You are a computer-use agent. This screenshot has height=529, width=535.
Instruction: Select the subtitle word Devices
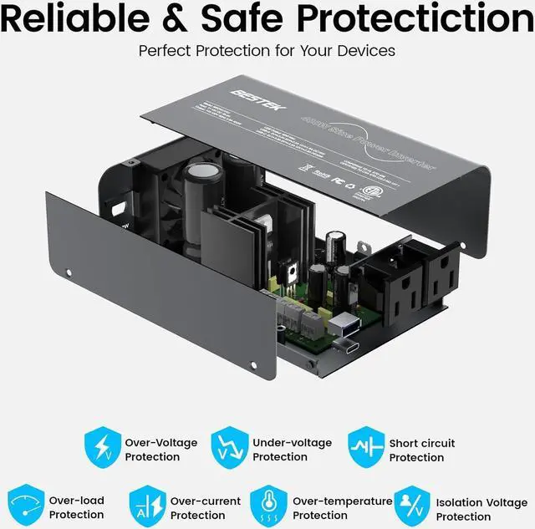364,51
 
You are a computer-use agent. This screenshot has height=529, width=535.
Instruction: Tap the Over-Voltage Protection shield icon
101,448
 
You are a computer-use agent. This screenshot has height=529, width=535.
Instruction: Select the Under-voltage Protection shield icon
229,448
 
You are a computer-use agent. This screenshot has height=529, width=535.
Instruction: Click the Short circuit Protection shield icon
365,449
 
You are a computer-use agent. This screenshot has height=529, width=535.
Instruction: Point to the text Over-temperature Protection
342,508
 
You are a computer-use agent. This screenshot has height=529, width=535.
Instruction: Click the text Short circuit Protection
422,450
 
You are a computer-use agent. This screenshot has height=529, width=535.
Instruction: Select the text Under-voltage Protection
292,450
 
